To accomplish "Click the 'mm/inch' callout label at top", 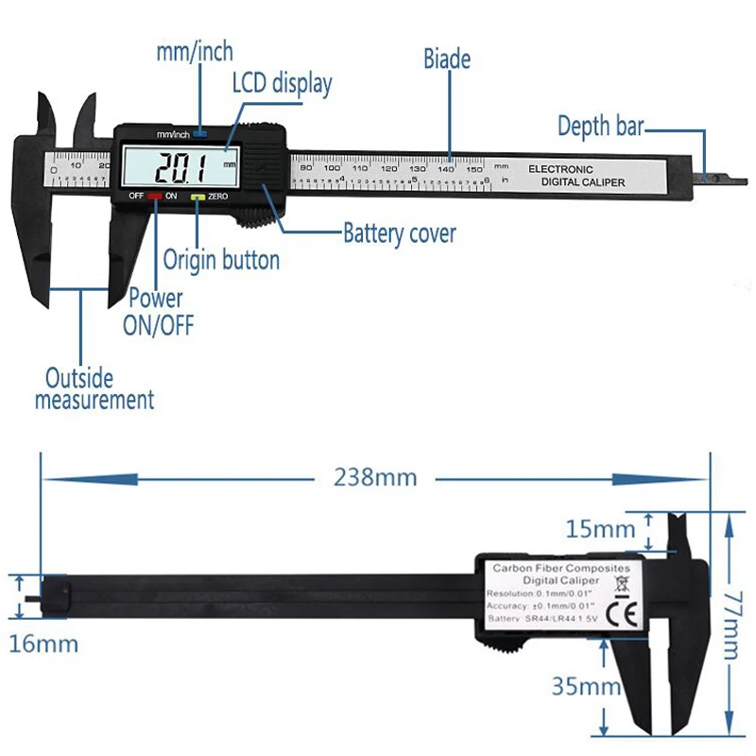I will tap(194, 51).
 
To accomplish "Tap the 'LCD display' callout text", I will tap(282, 84).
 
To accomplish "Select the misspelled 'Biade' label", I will tap(446, 59).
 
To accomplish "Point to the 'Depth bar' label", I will tap(600, 126).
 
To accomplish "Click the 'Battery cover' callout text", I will tap(399, 232).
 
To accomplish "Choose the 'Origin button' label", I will tap(221, 260).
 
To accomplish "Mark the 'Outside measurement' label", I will tap(94, 389).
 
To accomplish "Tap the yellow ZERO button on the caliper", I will tap(197, 197).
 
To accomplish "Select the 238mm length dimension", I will tap(374, 477).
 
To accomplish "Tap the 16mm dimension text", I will tap(43, 644).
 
